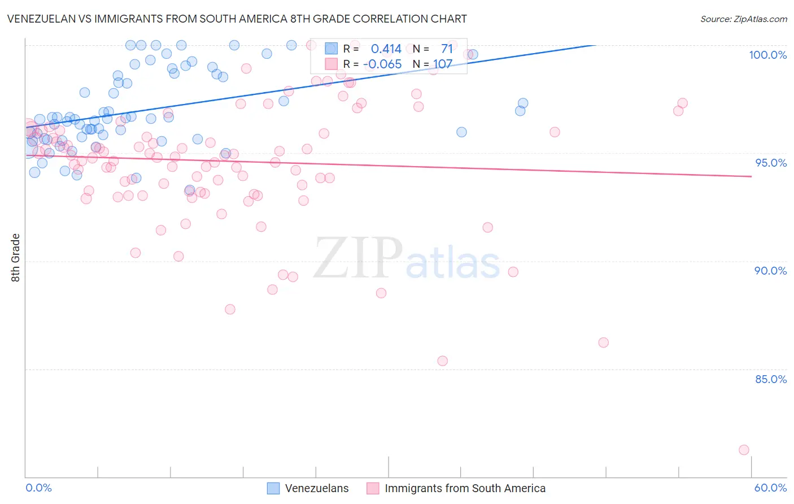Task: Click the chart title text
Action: [237, 19]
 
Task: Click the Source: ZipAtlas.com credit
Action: [743, 19]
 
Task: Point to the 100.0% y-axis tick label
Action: [767, 55]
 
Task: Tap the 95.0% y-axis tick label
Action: [771, 163]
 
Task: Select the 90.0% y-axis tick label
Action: [770, 271]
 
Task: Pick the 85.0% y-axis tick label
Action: [771, 379]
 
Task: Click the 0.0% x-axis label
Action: [38, 488]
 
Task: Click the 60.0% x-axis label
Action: [770, 488]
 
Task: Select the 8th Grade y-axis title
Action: [16, 258]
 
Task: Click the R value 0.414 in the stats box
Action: [386, 49]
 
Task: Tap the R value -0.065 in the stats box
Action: [382, 64]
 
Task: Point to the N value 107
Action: [443, 64]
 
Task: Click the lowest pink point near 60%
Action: [744, 450]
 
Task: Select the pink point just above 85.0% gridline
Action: [443, 360]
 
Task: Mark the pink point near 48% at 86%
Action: [603, 342]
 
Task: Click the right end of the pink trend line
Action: [751, 177]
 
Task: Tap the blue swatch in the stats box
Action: [331, 49]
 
